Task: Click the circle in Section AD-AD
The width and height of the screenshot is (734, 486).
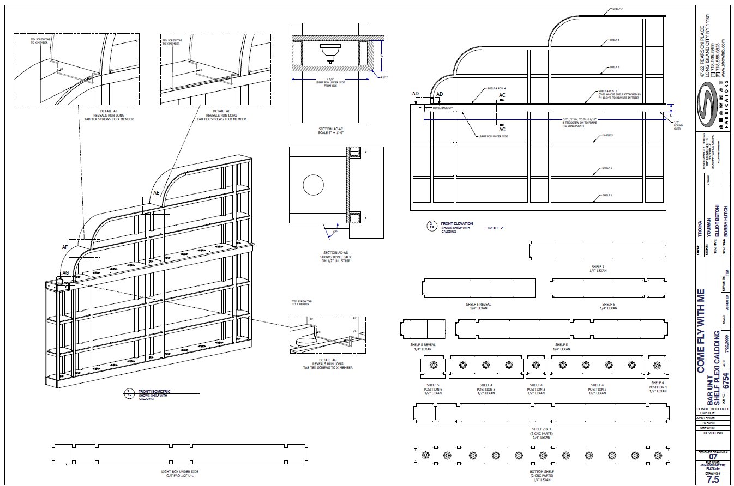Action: click(314, 186)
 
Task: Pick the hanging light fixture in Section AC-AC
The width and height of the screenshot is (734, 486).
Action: click(329, 54)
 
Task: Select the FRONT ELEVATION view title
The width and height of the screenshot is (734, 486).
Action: click(457, 223)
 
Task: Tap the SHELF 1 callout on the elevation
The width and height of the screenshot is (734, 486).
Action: click(607, 195)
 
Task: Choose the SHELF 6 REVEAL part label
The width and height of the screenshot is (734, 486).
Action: click(478, 306)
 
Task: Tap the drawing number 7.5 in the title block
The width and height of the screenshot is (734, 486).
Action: click(712, 479)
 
